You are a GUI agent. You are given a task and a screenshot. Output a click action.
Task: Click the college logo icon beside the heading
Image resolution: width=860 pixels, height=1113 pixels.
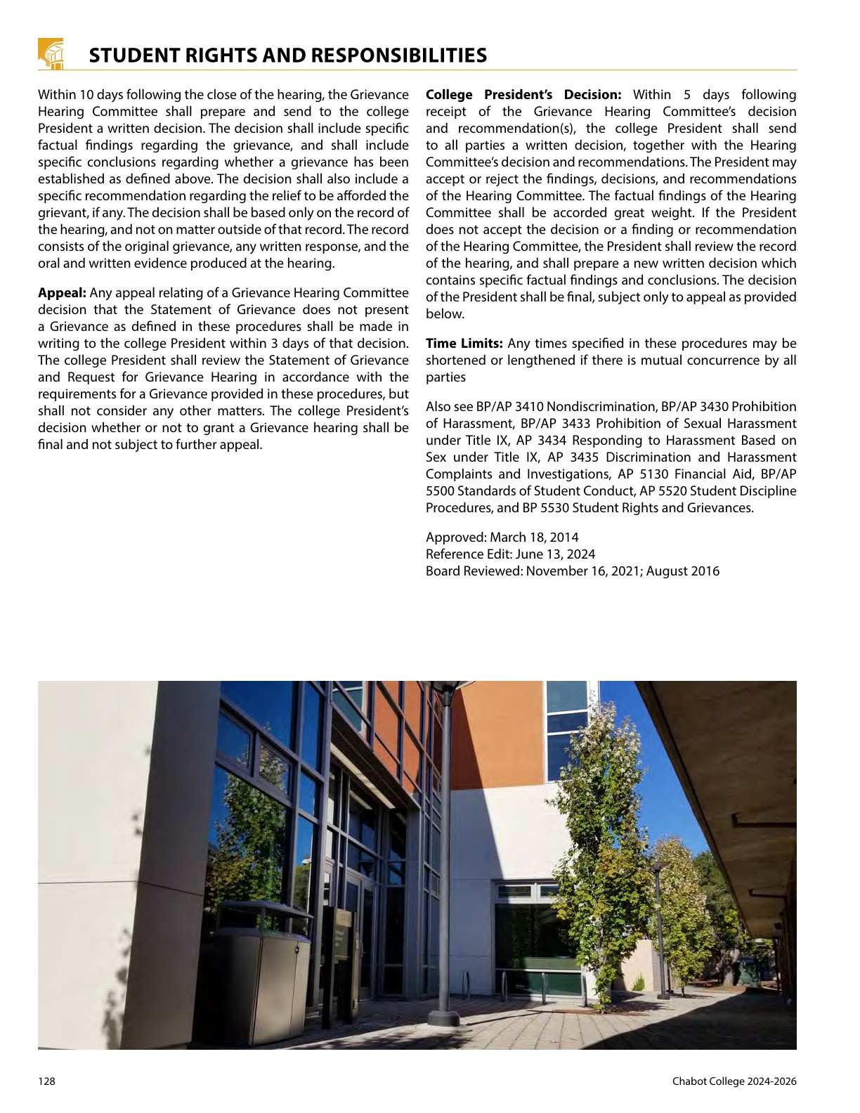[51, 53]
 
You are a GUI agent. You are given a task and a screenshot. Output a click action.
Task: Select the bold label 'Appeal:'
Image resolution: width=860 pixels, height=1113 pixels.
[62, 293]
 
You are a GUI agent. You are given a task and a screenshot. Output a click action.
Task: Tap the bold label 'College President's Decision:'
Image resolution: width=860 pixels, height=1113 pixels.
[523, 95]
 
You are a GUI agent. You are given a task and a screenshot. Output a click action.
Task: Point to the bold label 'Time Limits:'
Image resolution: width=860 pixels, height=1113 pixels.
[464, 344]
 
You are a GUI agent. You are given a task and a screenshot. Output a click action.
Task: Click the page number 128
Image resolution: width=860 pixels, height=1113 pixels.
[46, 1081]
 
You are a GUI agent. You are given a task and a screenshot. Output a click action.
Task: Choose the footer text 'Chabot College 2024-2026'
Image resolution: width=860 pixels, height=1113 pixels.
[734, 1081]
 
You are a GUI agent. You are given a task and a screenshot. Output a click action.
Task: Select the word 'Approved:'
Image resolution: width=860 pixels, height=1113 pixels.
[456, 538]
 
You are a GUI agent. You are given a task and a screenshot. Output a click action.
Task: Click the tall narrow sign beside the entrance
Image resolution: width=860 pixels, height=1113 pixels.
[340, 963]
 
